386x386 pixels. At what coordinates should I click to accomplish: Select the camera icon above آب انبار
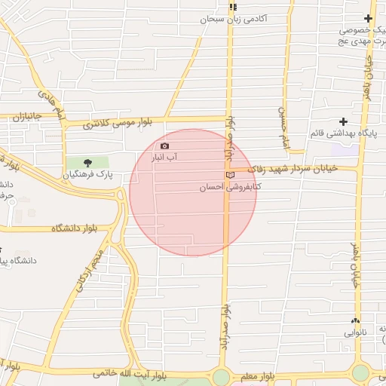(165, 146)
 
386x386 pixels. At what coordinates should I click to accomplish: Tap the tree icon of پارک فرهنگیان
(87, 162)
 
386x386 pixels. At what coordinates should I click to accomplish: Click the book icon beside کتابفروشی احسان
(230, 175)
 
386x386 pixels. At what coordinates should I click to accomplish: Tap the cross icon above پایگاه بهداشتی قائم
(344, 121)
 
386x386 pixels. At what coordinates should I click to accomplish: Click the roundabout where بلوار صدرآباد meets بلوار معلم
(221, 376)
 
